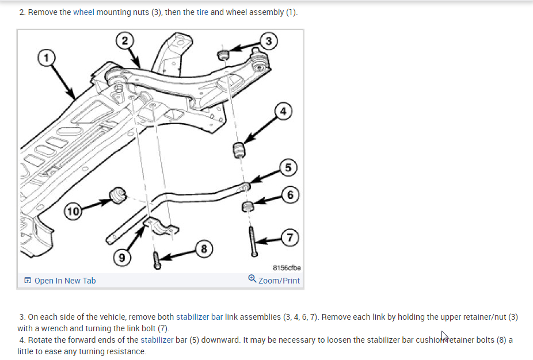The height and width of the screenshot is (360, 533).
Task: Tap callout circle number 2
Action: tap(124, 41)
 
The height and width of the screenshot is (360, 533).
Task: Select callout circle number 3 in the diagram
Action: tap(269, 40)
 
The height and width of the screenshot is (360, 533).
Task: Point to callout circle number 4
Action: tap(283, 112)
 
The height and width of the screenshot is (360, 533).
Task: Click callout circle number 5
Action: tap(290, 168)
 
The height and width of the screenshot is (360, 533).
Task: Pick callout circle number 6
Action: tap(291, 195)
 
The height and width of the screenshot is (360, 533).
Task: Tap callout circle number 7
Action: tap(291, 237)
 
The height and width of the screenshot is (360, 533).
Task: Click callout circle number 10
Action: tap(73, 212)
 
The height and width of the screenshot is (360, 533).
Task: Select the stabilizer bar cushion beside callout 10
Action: tap(119, 196)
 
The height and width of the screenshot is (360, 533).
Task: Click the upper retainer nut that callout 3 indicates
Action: tap(223, 55)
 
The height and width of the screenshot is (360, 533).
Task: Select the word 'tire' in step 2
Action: tap(202, 12)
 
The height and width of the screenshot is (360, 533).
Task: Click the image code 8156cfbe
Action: tap(285, 267)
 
